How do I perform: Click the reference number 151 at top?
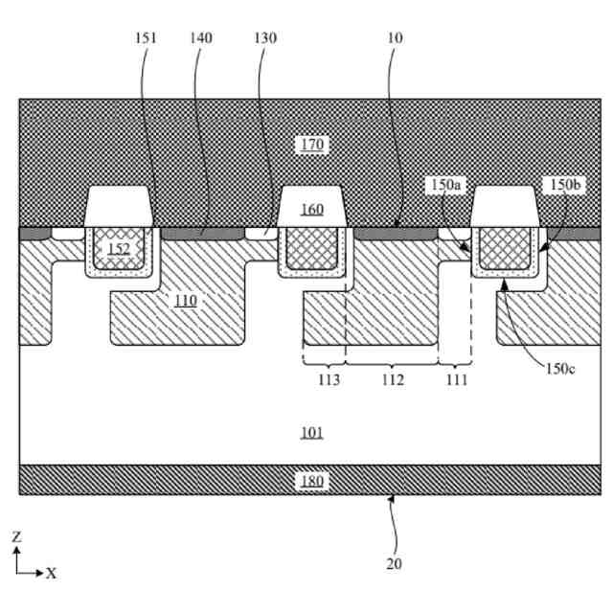(x=148, y=38)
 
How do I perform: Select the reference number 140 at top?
(x=201, y=38)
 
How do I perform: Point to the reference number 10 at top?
(x=396, y=38)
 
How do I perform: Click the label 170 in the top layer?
(x=312, y=145)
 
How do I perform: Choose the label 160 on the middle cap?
(x=312, y=210)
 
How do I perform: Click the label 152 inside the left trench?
(x=119, y=249)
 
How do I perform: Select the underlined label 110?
(x=186, y=301)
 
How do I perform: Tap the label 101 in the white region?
(x=312, y=433)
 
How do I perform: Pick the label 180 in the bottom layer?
(x=312, y=481)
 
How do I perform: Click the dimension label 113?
(x=323, y=380)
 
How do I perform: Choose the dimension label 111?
(x=456, y=380)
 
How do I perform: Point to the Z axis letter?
(x=15, y=537)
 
